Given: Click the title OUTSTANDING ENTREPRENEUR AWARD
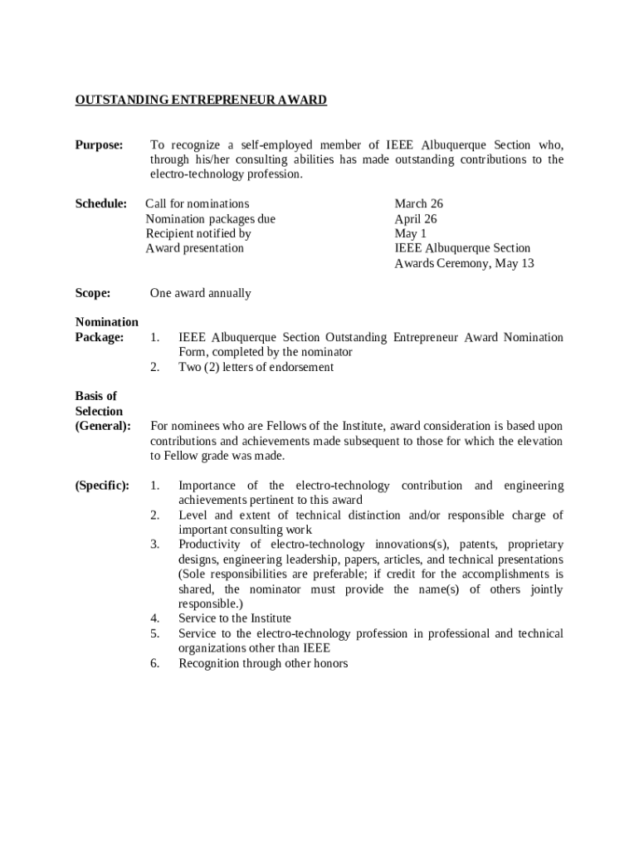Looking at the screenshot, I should (201, 100).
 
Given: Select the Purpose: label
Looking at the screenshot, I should (99, 145).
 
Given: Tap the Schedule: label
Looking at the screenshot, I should (100, 204).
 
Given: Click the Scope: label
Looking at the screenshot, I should (93, 293).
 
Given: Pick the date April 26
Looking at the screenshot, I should (416, 219).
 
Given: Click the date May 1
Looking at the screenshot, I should (410, 234).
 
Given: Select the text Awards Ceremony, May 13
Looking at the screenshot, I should (464, 264).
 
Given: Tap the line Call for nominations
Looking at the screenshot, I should (198, 204).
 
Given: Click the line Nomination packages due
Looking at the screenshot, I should (211, 219).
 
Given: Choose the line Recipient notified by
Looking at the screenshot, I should (198, 234).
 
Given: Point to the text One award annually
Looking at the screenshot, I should (200, 293).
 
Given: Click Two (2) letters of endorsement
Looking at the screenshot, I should (256, 367).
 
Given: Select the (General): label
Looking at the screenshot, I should (103, 426).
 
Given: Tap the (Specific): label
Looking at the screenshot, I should (102, 486).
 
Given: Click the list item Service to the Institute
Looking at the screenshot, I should (235, 618).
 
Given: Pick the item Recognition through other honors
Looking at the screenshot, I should (263, 663).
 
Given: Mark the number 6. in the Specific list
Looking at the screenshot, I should (155, 663).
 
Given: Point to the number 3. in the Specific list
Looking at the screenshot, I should (155, 545).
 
